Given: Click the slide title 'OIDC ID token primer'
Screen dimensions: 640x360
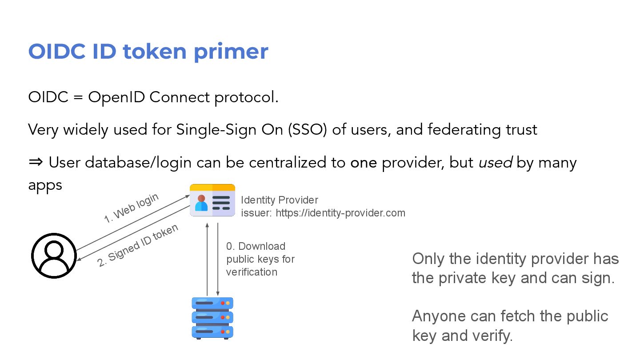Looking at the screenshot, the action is (148, 52).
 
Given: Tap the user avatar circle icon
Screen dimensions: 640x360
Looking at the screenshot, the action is (54, 256).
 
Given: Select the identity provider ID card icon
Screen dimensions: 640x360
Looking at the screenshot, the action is (212, 200).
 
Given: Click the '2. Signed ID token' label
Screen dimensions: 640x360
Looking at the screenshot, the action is (138, 245).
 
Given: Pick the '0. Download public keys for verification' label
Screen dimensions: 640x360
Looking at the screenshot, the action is (260, 259).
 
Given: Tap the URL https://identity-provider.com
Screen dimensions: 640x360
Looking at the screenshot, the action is (340, 213).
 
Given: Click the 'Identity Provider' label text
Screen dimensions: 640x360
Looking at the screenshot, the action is (280, 200).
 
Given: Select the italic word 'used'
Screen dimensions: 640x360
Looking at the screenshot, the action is (496, 163).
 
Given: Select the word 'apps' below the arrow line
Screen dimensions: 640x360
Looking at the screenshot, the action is (45, 185).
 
